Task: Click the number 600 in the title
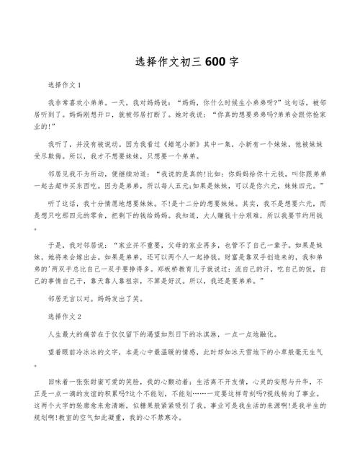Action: tap(215, 62)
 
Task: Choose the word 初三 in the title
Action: tap(188, 62)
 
